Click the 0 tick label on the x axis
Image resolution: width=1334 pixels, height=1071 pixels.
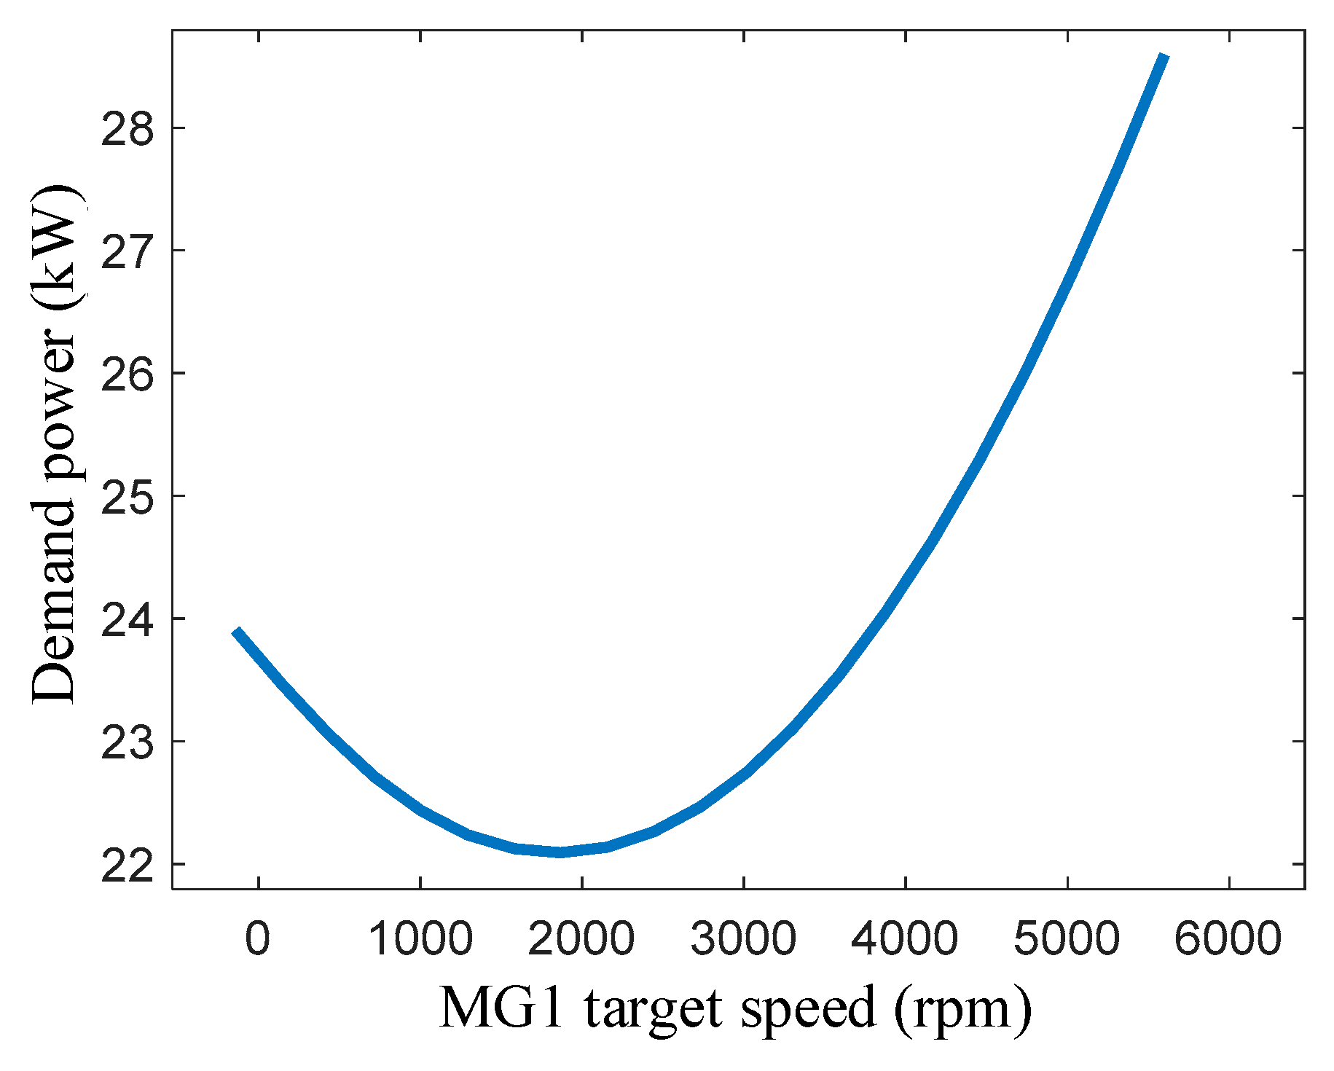pos(258,939)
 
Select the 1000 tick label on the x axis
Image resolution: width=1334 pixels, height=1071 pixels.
pos(421,939)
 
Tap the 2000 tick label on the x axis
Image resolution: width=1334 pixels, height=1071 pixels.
pos(582,939)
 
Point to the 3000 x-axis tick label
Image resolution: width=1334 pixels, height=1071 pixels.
pos(744,939)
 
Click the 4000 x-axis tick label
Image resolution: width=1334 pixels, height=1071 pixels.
pos(905,939)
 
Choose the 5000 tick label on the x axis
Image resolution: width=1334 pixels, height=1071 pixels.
pos(1067,939)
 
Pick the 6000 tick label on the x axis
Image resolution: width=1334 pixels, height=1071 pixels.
pos(1228,939)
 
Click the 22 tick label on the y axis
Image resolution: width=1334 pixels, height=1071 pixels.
pos(128,865)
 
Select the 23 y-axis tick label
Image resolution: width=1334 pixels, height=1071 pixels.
pos(128,742)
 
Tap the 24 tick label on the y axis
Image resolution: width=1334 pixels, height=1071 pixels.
pos(128,619)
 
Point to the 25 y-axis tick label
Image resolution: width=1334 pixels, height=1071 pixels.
pos(128,496)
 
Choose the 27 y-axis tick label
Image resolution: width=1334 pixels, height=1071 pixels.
pos(128,251)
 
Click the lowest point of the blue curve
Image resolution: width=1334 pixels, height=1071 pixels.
pos(560,852)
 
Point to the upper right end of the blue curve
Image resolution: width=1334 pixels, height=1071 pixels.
pos(1164,57)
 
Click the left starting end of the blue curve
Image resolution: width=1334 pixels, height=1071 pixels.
pos(236,632)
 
